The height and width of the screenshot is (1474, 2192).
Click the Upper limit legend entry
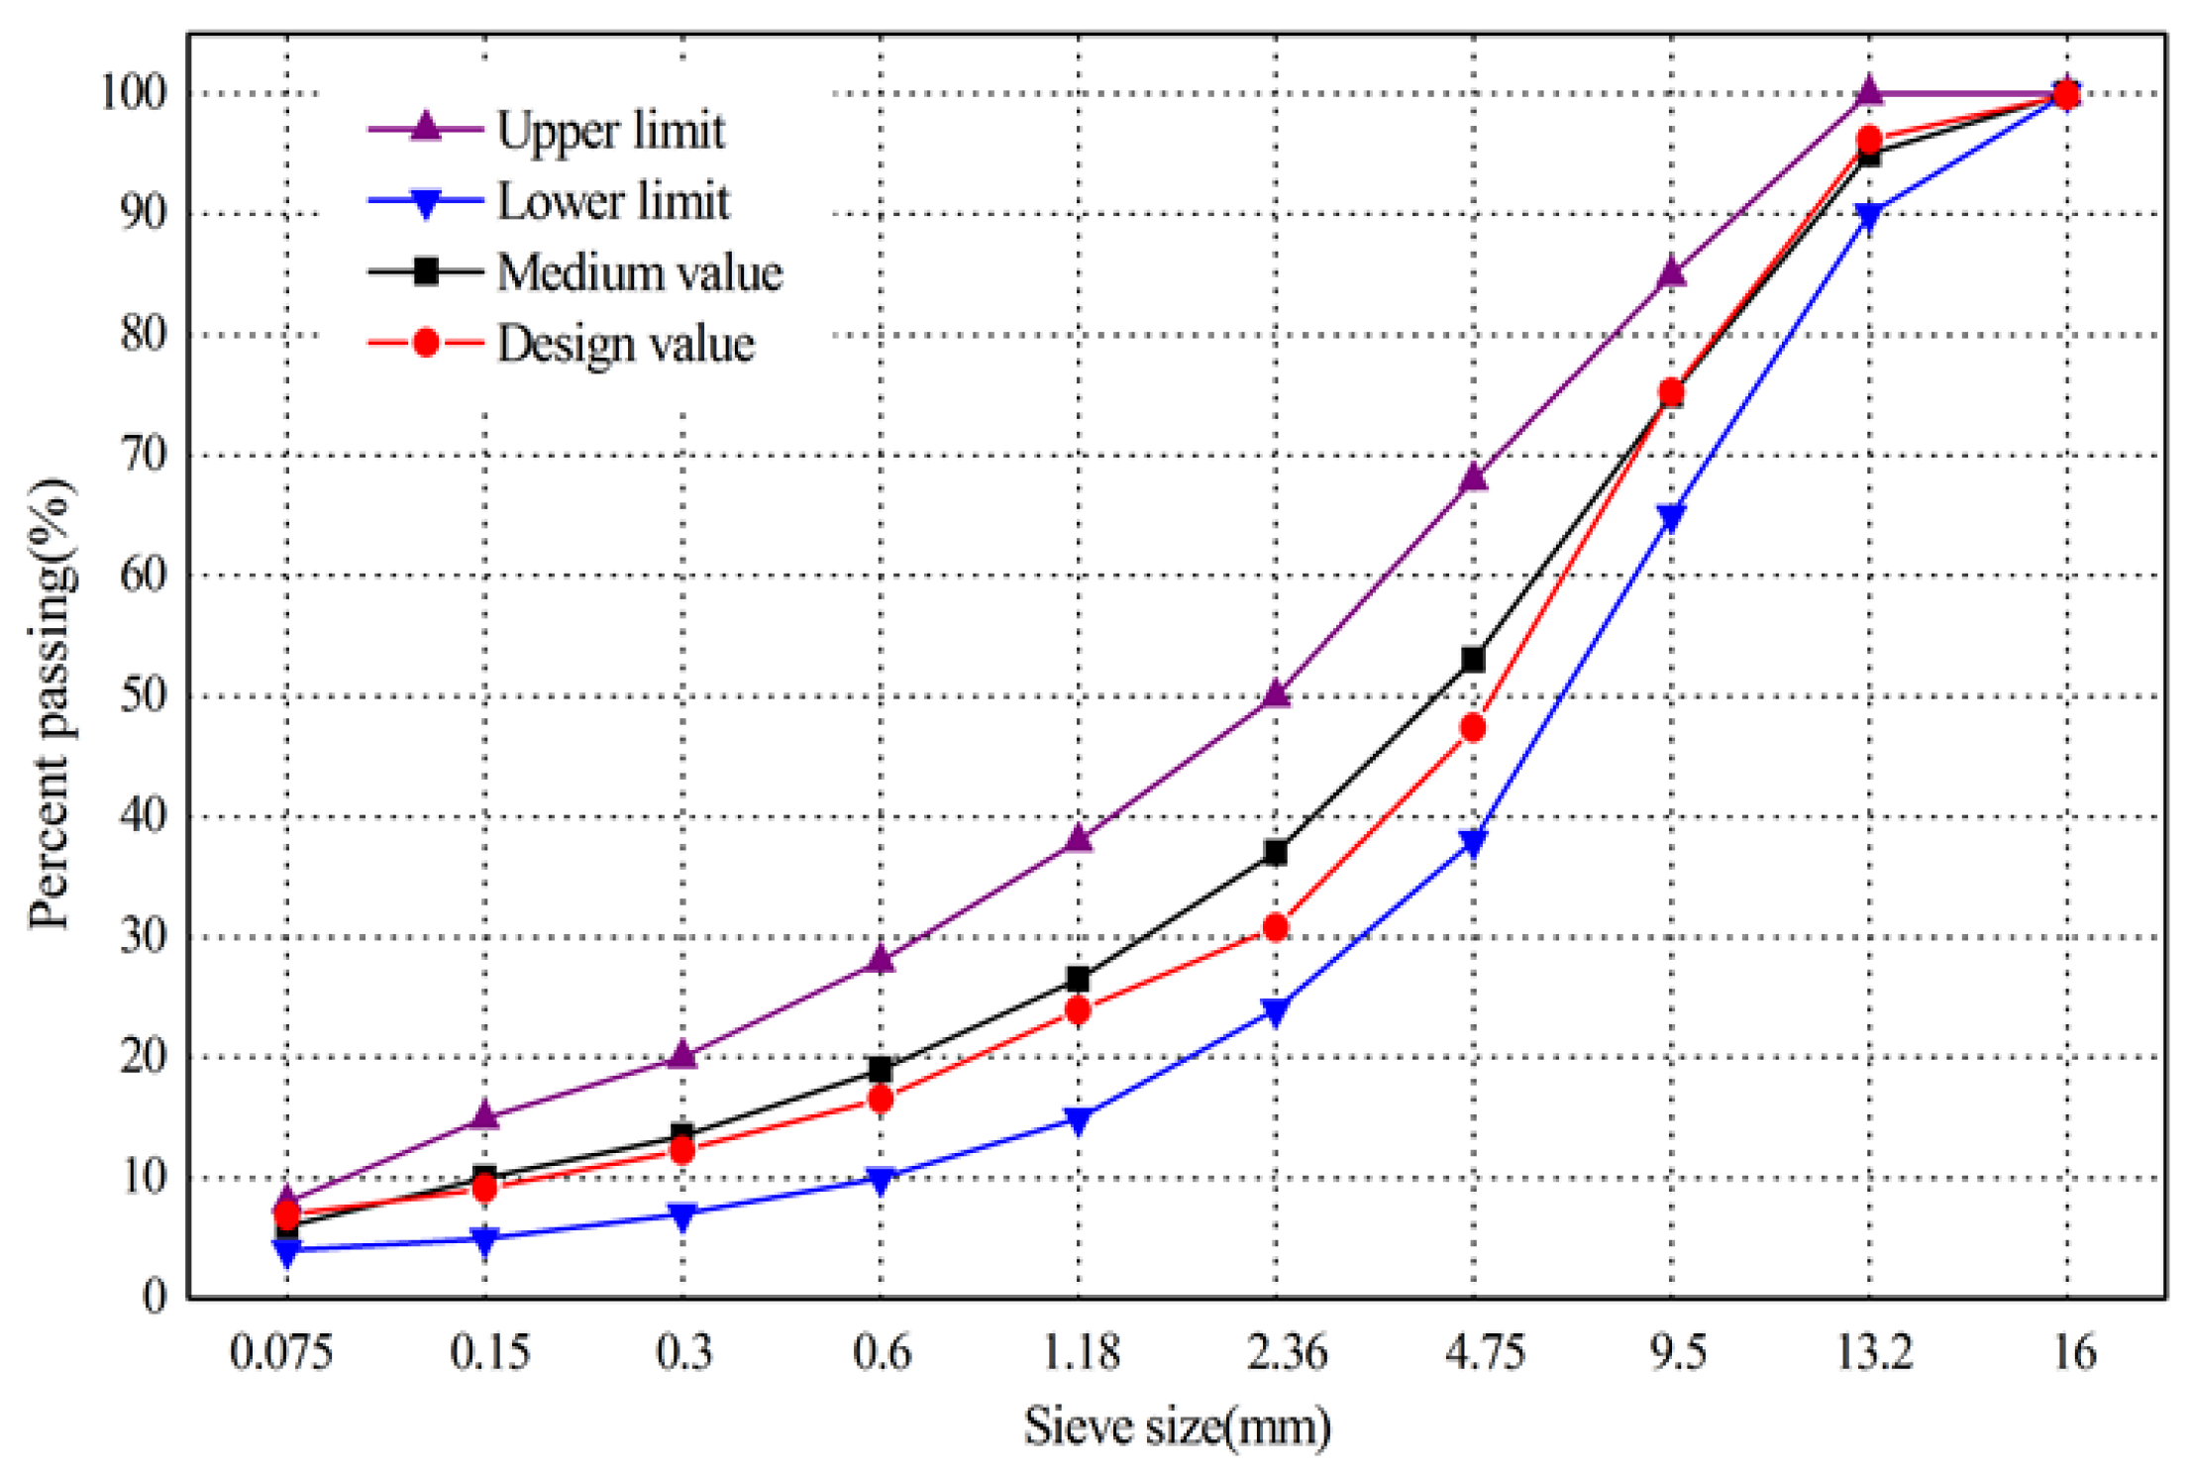(x=609, y=131)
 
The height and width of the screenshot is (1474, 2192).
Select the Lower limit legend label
(x=612, y=202)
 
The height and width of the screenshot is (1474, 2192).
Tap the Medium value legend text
(x=639, y=272)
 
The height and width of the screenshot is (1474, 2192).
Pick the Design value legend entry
(x=625, y=344)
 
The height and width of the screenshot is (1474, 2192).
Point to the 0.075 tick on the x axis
(x=280, y=1351)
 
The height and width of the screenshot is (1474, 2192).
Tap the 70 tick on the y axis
(x=144, y=455)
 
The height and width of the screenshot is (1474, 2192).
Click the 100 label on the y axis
(x=134, y=92)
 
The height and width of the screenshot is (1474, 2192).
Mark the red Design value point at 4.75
(x=1473, y=728)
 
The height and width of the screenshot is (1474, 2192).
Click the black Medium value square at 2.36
(x=1276, y=852)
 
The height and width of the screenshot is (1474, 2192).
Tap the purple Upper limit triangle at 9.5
(x=1672, y=271)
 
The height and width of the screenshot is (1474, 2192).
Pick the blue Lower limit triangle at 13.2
(x=1869, y=216)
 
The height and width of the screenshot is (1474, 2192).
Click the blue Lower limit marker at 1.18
(x=1079, y=1119)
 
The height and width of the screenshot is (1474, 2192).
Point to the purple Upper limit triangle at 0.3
(x=681, y=1055)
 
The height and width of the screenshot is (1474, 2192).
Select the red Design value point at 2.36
(x=1276, y=927)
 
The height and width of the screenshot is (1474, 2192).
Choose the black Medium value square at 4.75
(x=1473, y=659)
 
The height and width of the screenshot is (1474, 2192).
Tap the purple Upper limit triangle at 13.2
(x=1869, y=91)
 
